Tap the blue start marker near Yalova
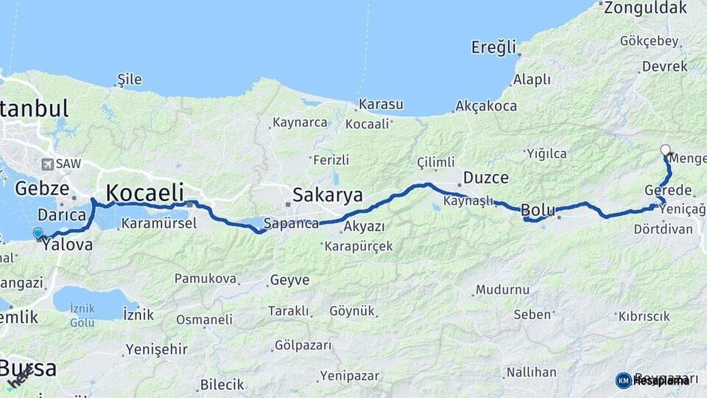click(x=38, y=234)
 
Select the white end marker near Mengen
click(x=665, y=150)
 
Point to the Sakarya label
click(x=328, y=195)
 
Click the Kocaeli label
click(x=144, y=193)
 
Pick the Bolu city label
click(x=538, y=209)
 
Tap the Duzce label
click(x=485, y=178)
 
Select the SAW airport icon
click(x=48, y=164)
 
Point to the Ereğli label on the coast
click(x=493, y=48)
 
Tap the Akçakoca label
click(x=486, y=106)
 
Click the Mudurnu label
click(x=502, y=290)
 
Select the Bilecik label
click(x=222, y=385)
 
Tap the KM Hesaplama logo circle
click(x=624, y=380)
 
